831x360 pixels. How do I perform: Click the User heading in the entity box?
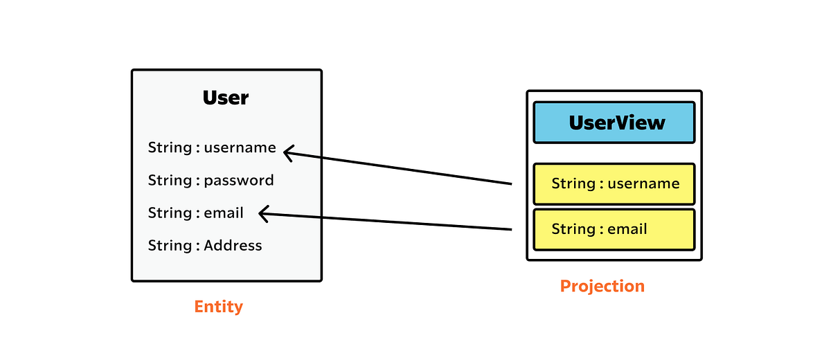click(x=226, y=98)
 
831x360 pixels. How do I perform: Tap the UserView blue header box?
click(x=614, y=123)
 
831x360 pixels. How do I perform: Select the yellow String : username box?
click(x=614, y=184)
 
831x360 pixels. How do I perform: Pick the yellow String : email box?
click(x=614, y=229)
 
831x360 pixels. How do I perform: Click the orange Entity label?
click(x=219, y=306)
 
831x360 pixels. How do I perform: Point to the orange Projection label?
click(x=602, y=286)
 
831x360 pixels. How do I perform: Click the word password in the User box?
click(x=239, y=181)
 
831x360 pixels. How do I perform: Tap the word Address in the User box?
click(x=233, y=245)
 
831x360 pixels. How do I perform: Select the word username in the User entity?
click(x=240, y=147)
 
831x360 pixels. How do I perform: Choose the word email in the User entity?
click(x=224, y=213)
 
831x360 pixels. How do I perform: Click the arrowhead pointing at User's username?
click(x=287, y=152)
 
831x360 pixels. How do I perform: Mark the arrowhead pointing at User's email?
click(x=262, y=214)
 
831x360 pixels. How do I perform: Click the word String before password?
click(x=170, y=181)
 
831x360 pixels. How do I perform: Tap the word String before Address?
click(x=170, y=245)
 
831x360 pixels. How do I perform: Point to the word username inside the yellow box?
click(x=643, y=183)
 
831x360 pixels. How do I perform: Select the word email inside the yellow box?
click(x=627, y=229)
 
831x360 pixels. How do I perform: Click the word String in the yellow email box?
click(x=573, y=229)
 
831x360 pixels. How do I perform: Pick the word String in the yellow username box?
click(x=573, y=183)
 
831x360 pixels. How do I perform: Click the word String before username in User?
click(x=170, y=147)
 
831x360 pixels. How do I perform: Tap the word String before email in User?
click(x=170, y=213)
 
